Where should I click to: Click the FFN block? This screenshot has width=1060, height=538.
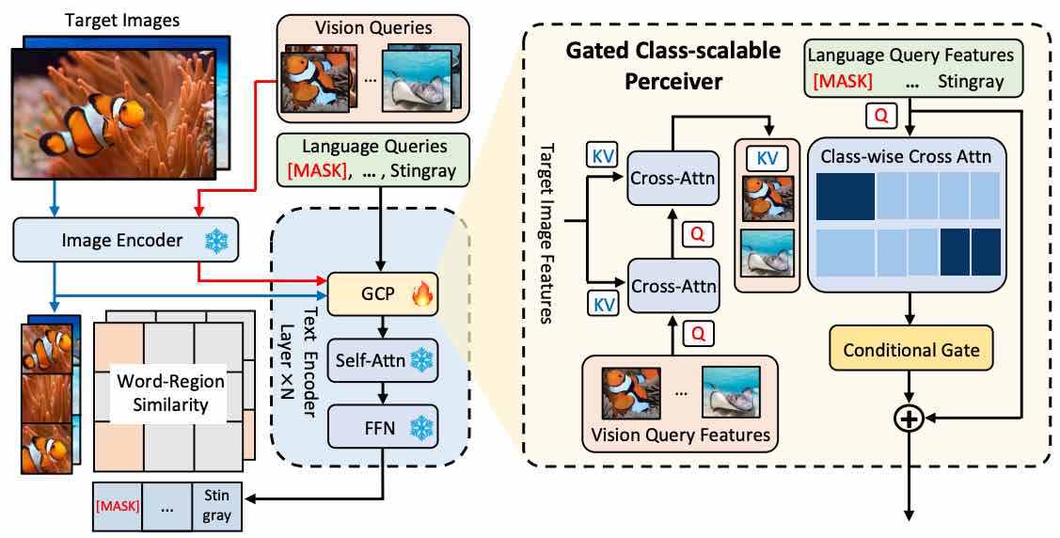pyautogui.click(x=382, y=428)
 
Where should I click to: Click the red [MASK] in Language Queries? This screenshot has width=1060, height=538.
pyautogui.click(x=316, y=168)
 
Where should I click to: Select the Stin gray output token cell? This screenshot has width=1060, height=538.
pyautogui.click(x=217, y=505)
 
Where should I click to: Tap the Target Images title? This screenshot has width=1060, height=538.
pyautogui.click(x=122, y=20)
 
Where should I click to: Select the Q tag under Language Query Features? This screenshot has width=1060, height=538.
pyautogui.click(x=881, y=117)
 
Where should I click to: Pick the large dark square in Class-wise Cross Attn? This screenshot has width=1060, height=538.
pyautogui.click(x=845, y=196)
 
